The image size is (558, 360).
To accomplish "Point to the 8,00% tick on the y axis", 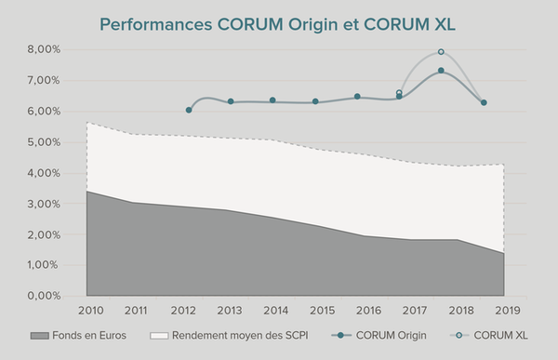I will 44,49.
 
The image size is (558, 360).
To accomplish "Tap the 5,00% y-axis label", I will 44,142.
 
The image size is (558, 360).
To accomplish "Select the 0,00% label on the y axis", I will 44,296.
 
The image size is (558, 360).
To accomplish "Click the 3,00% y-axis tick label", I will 44,204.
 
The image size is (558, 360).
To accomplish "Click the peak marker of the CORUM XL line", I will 441,52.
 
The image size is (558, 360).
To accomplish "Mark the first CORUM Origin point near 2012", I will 189,110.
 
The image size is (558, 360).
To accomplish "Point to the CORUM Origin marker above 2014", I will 272,100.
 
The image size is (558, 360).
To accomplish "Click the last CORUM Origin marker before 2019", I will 484,102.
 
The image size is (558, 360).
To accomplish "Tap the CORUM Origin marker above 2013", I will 231,101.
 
